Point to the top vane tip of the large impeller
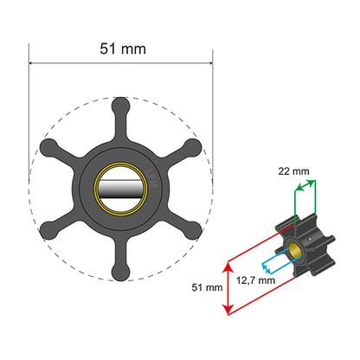[121, 102]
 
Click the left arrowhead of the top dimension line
[33, 62]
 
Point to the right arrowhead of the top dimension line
[210, 62]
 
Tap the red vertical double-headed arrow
[228, 285]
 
